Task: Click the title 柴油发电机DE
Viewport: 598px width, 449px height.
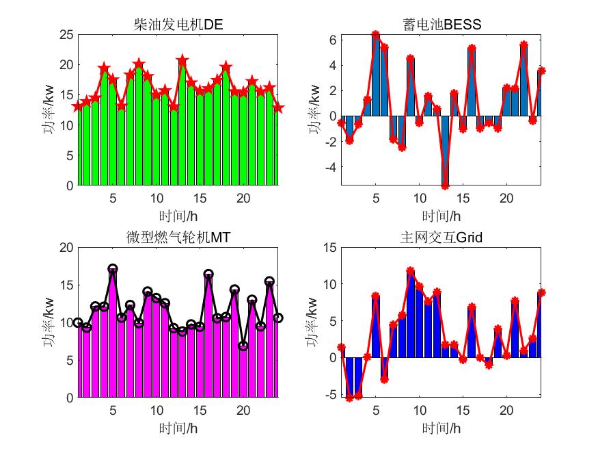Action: coord(178,25)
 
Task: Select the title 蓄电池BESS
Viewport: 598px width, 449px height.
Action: coord(441,25)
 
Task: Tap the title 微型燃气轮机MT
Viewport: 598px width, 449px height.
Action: coord(178,238)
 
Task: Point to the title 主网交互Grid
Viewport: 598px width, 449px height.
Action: coord(441,238)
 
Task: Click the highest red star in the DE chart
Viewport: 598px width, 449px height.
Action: coord(182,60)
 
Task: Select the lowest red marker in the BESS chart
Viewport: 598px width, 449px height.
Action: coord(444,185)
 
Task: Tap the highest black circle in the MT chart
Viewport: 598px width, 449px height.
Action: coord(113,269)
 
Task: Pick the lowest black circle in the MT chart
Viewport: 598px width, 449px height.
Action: coord(243,346)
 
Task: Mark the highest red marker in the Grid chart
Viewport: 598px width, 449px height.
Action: coord(410,271)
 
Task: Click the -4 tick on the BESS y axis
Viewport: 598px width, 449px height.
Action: coord(333,167)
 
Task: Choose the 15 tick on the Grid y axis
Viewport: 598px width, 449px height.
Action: coord(330,247)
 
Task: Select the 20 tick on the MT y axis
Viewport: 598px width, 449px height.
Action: coord(66,247)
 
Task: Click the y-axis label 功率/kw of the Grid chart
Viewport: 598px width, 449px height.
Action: coord(312,322)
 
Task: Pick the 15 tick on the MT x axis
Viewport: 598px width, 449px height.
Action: coord(200,410)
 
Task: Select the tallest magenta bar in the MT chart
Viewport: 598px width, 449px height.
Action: coord(113,334)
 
